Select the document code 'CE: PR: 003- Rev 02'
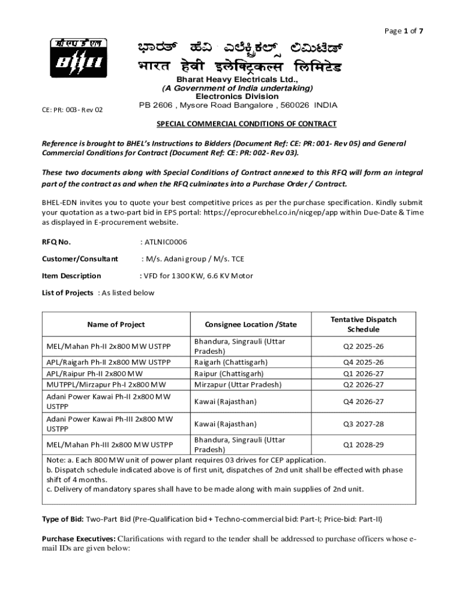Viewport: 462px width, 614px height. coord(73,110)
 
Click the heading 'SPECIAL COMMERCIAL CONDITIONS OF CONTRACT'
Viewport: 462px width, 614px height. coord(247,124)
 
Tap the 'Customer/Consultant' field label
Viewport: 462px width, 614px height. coord(80,259)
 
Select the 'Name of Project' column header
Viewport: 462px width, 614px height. coord(116,324)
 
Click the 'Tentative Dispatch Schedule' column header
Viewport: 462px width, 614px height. coord(363,324)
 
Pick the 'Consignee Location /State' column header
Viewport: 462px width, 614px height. coord(251,324)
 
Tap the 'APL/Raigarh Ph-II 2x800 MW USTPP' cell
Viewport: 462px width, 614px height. coord(109,362)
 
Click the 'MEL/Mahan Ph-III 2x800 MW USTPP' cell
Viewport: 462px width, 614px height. coord(110,445)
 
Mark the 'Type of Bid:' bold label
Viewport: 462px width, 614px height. coord(63,519)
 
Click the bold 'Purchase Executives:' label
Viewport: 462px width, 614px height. coord(79,538)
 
